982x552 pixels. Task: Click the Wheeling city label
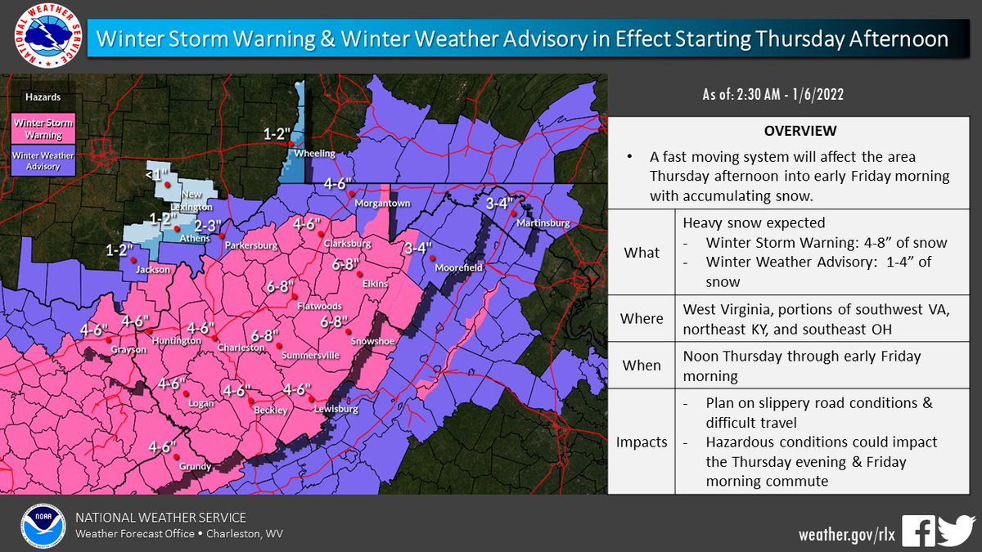(314, 153)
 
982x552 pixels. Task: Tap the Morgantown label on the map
(383, 204)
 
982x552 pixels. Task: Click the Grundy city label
(195, 467)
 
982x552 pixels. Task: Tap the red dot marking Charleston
(215, 338)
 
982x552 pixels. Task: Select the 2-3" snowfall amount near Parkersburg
(207, 225)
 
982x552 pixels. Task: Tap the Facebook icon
(918, 531)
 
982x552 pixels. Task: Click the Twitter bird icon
(956, 531)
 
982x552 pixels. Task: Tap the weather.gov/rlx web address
(846, 533)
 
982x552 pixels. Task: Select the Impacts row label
(641, 442)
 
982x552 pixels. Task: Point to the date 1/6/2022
(813, 95)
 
